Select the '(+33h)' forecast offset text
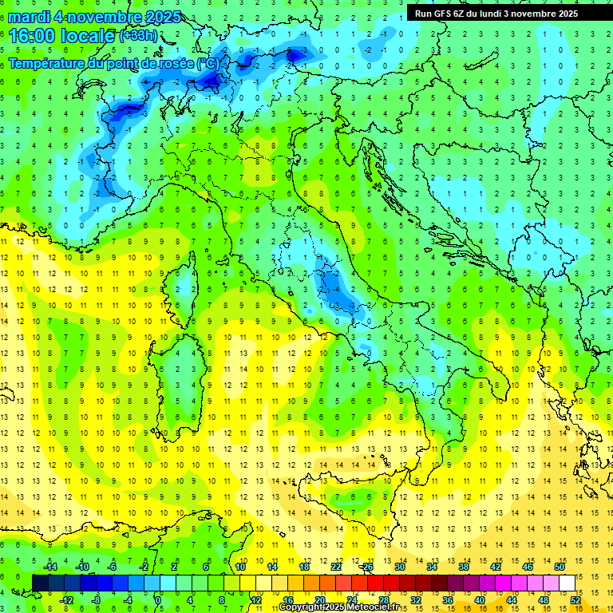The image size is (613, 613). (138, 36)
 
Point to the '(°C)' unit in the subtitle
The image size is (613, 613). (207, 62)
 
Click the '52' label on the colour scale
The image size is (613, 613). (575, 600)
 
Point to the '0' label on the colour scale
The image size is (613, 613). (159, 600)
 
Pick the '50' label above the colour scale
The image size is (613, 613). (559, 567)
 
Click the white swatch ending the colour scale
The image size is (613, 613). (567, 583)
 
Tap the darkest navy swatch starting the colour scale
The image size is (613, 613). (40, 583)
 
